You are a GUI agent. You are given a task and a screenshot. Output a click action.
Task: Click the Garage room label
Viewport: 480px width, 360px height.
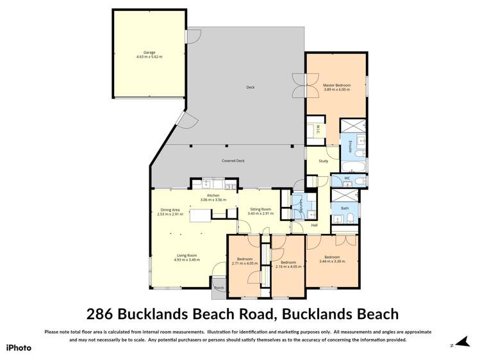(149, 53)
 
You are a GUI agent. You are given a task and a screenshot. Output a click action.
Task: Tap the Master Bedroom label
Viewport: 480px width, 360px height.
(336, 85)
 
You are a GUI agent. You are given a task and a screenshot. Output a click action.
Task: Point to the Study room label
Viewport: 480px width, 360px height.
(323, 160)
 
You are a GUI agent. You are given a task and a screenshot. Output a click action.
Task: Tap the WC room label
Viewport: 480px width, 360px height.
(347, 178)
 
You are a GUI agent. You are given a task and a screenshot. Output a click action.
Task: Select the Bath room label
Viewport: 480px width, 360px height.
(345, 208)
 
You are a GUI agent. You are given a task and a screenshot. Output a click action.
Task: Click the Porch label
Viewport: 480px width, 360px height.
(219, 288)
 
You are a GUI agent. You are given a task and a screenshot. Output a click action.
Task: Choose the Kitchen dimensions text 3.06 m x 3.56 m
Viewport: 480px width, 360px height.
(213, 200)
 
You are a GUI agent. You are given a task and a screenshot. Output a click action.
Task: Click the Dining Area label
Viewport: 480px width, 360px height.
(170, 209)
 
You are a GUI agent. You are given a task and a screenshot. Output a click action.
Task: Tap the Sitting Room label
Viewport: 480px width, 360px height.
(261, 209)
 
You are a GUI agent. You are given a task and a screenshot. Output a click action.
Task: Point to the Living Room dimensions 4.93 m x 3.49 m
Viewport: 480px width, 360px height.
(188, 260)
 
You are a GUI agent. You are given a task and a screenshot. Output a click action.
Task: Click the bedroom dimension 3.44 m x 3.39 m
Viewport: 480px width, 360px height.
(333, 261)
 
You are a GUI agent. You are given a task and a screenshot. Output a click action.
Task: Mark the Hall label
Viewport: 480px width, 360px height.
(315, 225)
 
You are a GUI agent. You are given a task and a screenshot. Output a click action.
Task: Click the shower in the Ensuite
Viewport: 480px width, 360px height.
(353, 126)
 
